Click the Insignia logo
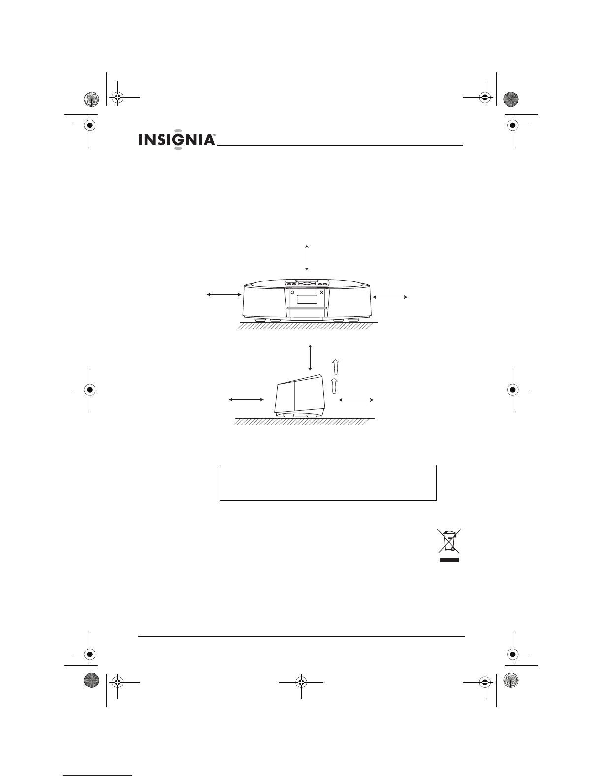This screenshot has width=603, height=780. click(x=177, y=139)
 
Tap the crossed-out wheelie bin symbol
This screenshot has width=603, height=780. click(x=448, y=541)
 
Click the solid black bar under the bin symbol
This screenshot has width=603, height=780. click(x=449, y=560)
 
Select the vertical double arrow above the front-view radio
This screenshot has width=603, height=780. click(x=307, y=257)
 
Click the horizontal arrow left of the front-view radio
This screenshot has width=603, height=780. click(x=224, y=295)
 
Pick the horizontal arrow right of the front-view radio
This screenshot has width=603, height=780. click(x=390, y=297)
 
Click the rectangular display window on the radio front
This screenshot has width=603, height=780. click(x=307, y=299)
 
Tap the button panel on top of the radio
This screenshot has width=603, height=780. click(x=307, y=283)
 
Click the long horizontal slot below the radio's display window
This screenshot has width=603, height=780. click(x=307, y=308)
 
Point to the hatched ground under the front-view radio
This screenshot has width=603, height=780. click(x=308, y=326)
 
